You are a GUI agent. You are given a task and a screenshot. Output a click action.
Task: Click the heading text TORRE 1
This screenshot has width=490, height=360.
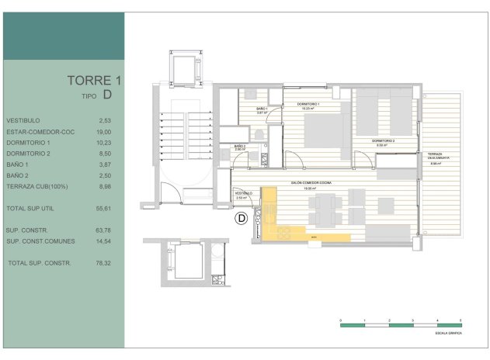click(x=94, y=80)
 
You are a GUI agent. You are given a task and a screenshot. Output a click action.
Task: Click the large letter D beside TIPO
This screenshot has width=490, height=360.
click(x=107, y=95)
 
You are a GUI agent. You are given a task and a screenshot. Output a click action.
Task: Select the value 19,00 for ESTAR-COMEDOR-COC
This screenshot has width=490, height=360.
click(x=105, y=132)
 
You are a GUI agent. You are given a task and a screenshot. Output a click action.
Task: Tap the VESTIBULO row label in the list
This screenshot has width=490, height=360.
click(x=23, y=120)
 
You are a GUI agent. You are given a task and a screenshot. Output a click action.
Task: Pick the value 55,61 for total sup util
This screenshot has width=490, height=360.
click(x=105, y=209)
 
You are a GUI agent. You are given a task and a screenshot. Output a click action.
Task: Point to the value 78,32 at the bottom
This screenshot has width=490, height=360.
click(x=105, y=263)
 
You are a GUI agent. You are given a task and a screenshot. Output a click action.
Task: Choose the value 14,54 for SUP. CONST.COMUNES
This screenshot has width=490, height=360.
click(x=105, y=241)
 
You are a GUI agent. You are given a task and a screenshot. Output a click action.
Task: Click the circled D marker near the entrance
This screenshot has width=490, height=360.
click(x=241, y=219)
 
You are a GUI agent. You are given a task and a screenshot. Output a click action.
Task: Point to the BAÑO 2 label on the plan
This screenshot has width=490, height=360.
click(x=240, y=146)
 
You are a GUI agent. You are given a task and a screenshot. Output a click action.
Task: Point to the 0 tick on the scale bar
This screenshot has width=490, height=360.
click(x=341, y=319)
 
